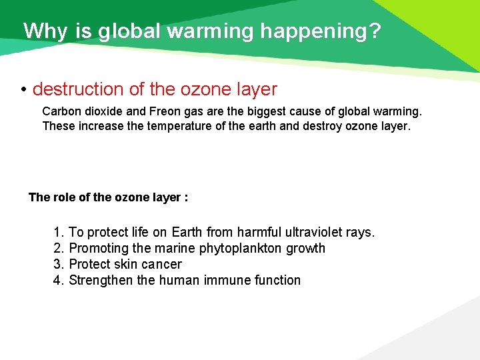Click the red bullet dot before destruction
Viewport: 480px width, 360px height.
(x=23, y=89)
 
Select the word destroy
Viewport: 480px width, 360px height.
(x=322, y=125)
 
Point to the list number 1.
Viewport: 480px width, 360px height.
(x=57, y=233)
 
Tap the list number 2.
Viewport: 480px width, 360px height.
(x=57, y=249)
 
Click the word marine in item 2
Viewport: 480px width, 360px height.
(x=177, y=249)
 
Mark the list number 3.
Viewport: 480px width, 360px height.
(x=57, y=265)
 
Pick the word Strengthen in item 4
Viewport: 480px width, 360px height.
(x=101, y=281)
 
